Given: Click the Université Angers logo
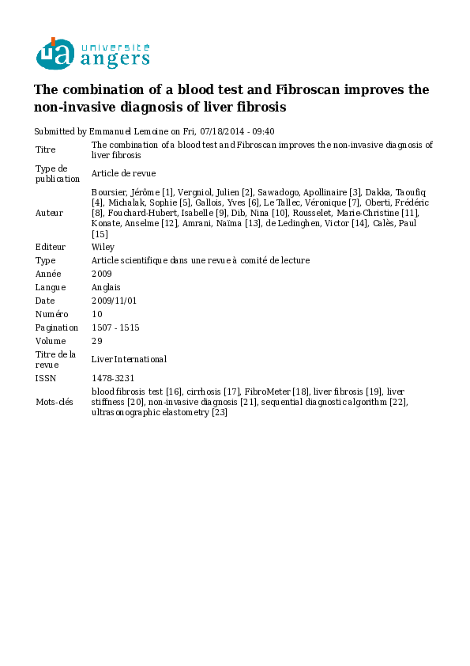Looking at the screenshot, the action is [92, 53].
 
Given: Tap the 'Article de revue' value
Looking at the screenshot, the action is [123, 173].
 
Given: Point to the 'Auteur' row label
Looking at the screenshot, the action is [49, 213].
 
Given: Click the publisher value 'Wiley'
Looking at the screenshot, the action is [103, 247].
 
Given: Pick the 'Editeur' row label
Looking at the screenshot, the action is [51, 247].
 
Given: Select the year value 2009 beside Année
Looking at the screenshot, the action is [102, 274].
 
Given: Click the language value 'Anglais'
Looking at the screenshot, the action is [106, 287].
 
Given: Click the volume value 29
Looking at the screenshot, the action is [97, 341].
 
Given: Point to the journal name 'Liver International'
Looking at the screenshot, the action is [129, 359].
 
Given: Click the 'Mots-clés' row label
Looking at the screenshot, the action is [54, 402].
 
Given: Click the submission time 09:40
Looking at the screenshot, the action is [262, 131].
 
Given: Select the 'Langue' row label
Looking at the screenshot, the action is [50, 287].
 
